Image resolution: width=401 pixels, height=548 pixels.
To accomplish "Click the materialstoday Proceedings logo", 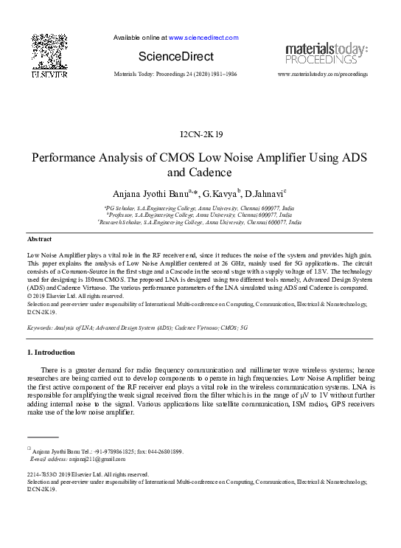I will pos(326,53).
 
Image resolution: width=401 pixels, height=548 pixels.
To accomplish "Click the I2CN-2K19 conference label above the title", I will pos(200,134).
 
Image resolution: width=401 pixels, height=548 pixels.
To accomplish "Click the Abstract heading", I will pos(39,240).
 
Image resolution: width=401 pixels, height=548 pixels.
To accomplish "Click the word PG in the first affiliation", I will pos(111,208).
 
